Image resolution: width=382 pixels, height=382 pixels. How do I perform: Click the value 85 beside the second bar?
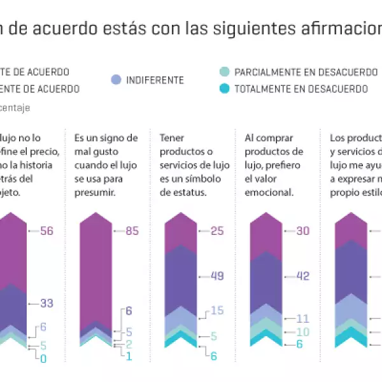pos(132,231)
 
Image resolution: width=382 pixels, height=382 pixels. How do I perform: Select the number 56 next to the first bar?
pos(46,231)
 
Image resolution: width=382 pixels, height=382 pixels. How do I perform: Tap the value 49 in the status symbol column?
pos(217,276)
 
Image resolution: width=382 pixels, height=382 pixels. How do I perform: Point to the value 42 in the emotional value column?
pos(302,276)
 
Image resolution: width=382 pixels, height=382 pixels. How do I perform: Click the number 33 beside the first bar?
pos(46,303)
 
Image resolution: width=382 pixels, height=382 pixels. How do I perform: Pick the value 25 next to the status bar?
pos(217,231)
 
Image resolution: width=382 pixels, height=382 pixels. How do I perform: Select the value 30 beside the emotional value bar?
pos(302,231)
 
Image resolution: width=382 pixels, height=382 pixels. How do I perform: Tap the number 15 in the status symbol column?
pos(217,311)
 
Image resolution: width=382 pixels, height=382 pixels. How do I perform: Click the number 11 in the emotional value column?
pos(302,318)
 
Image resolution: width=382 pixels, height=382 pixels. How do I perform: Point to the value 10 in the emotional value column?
pos(302,332)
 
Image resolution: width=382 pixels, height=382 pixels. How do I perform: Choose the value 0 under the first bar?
pos(43,359)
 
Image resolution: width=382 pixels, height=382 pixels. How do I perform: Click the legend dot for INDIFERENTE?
pos(115,80)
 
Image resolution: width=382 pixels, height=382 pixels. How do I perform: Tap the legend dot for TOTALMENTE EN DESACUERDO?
pos(223,89)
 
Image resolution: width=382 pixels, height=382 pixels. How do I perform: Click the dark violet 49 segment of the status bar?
pos(180,277)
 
